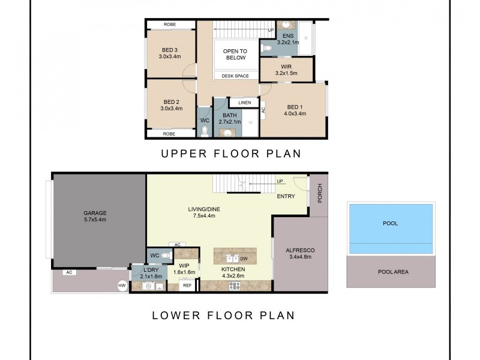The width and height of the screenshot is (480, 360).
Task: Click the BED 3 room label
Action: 170,53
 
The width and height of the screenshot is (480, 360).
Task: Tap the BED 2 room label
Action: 170,105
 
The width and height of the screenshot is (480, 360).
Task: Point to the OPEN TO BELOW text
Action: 235,55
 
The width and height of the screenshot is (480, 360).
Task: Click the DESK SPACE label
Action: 235,76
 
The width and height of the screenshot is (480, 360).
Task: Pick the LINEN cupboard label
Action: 244,103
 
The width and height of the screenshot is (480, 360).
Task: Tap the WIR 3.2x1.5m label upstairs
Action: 286,70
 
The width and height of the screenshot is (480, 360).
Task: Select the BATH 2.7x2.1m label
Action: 230,118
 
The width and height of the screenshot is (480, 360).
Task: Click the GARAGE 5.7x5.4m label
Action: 95,216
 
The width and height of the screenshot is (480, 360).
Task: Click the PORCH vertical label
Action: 320,193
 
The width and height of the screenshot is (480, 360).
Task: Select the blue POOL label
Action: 390,223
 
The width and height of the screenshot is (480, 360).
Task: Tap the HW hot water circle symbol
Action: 123,286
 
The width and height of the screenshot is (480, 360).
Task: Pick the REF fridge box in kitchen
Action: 187,286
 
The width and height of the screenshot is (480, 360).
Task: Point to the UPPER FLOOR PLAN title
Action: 230,154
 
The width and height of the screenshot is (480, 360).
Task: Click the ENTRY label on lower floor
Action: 286,196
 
